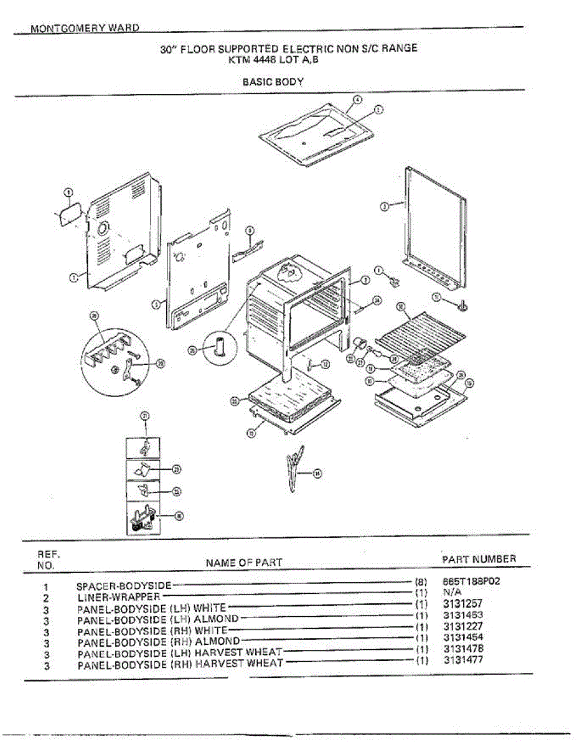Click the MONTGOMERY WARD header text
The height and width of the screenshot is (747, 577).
tap(85, 29)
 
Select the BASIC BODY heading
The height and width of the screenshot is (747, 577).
tap(273, 82)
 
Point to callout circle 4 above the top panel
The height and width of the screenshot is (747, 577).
tap(357, 100)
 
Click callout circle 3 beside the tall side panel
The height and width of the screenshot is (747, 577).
tap(384, 207)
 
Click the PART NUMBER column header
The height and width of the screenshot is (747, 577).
tap(479, 559)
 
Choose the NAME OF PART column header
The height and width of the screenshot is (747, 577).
tap(243, 563)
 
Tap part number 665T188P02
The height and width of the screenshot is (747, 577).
tap(472, 581)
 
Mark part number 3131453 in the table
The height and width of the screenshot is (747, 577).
tap(463, 615)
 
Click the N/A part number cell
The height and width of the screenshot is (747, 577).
tap(452, 593)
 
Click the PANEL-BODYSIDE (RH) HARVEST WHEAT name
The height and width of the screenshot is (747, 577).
tap(180, 664)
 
